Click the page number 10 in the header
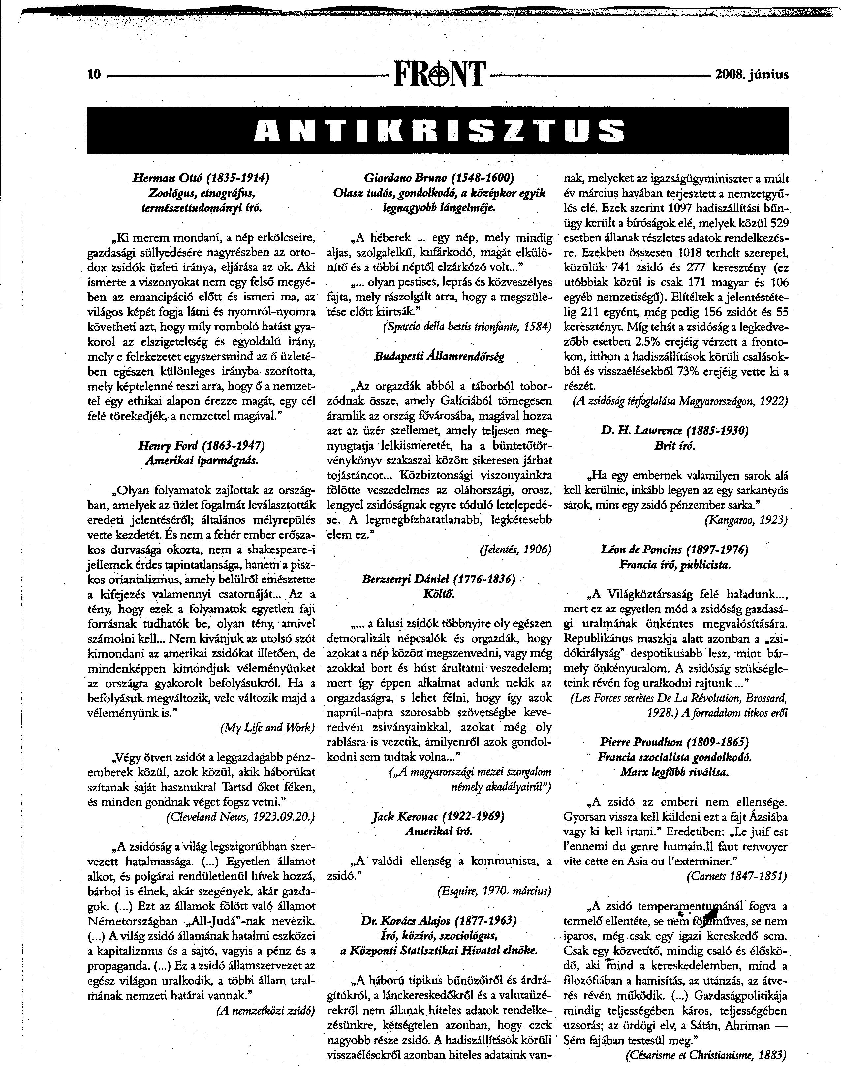[94, 74]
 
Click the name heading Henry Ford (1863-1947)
[202, 446]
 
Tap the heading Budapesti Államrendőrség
[439, 357]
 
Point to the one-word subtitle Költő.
[439, 594]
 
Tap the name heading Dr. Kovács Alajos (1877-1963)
[439, 921]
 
